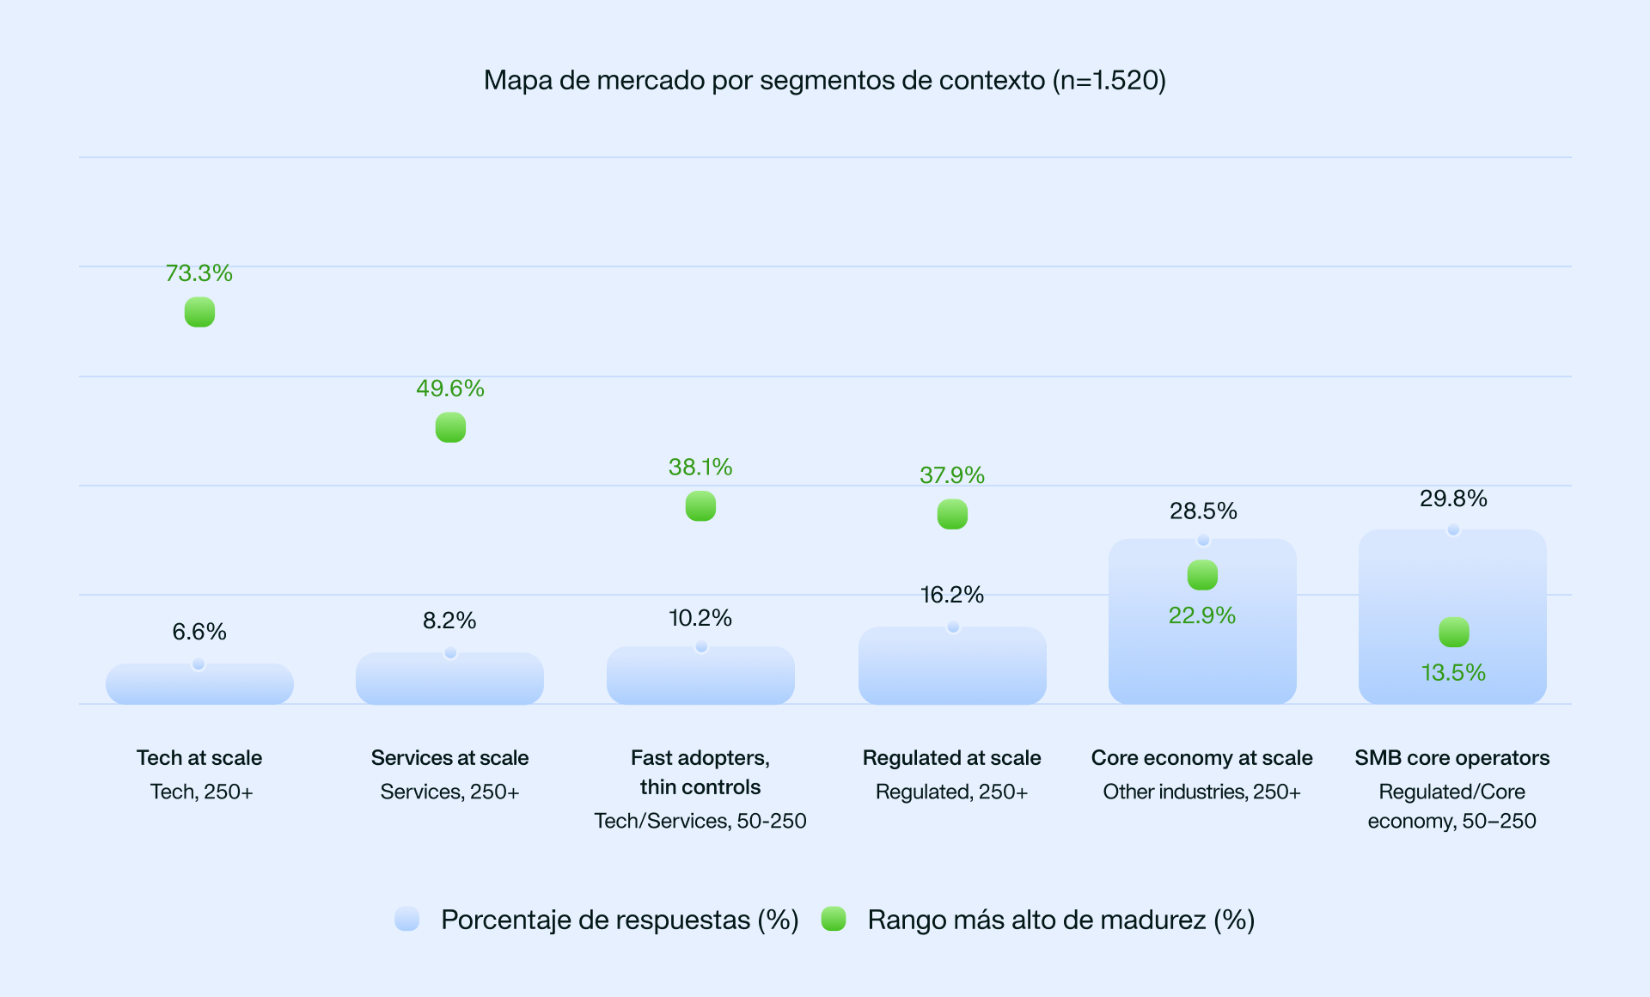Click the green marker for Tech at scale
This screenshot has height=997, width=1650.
(199, 312)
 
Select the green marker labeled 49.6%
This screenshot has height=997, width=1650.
(450, 427)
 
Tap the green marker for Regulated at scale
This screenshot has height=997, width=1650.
(952, 514)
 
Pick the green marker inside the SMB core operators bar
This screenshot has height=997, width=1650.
(1454, 633)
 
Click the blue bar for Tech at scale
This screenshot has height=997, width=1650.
(199, 685)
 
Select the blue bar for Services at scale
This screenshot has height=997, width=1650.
(449, 680)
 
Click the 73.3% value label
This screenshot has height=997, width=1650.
(199, 273)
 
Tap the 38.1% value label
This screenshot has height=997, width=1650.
(700, 468)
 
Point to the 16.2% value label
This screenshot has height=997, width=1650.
(952, 595)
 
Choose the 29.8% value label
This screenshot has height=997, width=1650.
(1453, 498)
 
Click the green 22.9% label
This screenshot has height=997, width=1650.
(1202, 615)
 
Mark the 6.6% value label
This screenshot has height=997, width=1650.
(199, 632)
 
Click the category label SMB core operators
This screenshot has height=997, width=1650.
(1452, 758)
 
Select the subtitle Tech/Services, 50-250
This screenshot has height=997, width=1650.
(700, 821)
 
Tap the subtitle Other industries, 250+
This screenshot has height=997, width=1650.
(1202, 792)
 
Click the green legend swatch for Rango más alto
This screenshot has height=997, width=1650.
(834, 919)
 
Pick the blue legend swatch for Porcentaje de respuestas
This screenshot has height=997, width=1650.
(406, 919)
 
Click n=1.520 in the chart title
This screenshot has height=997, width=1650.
(1109, 80)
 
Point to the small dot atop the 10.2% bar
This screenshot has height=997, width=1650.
(701, 646)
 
